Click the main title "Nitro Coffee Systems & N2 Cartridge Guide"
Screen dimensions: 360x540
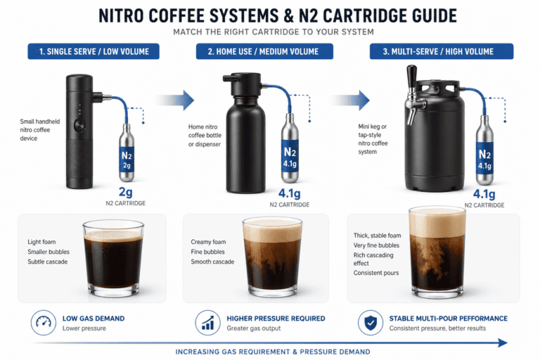(270, 15)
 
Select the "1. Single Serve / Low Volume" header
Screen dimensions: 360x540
(94, 51)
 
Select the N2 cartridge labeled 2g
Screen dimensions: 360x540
(127, 152)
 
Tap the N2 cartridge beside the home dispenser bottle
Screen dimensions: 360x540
(289, 151)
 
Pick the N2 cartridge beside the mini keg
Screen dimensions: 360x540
(484, 151)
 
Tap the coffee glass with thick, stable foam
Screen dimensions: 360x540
(438, 250)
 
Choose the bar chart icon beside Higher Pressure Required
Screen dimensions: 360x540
(206, 323)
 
